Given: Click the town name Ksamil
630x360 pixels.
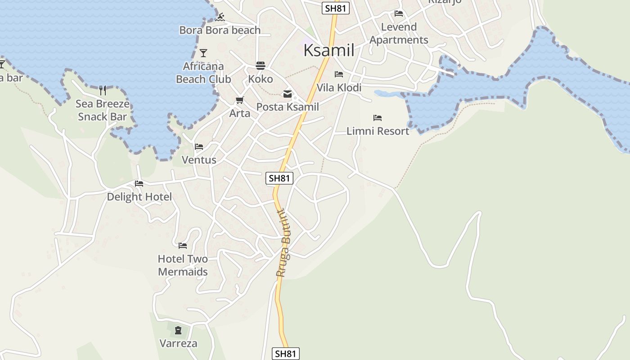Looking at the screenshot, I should tap(329, 50).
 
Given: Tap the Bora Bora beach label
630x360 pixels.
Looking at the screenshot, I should tap(220, 30).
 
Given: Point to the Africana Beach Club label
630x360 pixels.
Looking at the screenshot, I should tap(203, 72).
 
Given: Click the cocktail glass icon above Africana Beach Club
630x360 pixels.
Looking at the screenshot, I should tap(203, 53).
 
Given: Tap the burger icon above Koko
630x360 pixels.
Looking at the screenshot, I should tap(260, 66).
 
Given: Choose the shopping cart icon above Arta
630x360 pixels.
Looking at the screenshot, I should tap(240, 100).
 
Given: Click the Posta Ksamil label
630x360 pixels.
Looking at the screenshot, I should tap(288, 107).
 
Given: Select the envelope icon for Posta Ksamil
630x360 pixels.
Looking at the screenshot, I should tap(287, 94).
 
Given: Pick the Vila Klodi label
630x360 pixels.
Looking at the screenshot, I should tap(339, 87).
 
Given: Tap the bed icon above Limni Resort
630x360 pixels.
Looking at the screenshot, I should tap(378, 118).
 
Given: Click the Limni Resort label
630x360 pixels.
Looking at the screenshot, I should tap(378, 131).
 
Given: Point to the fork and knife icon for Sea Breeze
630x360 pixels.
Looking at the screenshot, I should tap(103, 90).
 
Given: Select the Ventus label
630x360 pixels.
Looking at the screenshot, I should tap(199, 160).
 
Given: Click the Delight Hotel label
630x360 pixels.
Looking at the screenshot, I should tap(139, 197).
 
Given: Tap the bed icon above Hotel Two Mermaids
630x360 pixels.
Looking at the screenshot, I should tap(183, 245).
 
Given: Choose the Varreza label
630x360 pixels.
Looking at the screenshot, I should tap(178, 343).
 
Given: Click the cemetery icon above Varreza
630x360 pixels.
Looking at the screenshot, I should tap(178, 330).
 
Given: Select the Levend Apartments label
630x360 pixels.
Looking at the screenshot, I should tap(399, 33).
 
